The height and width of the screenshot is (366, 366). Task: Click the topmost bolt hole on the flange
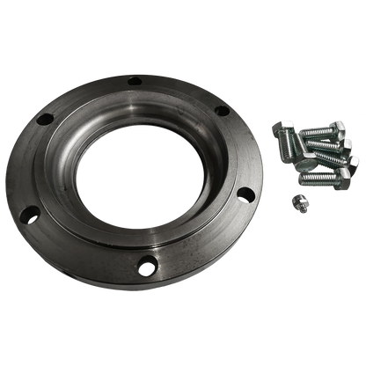pyautogui.click(x=135, y=84)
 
